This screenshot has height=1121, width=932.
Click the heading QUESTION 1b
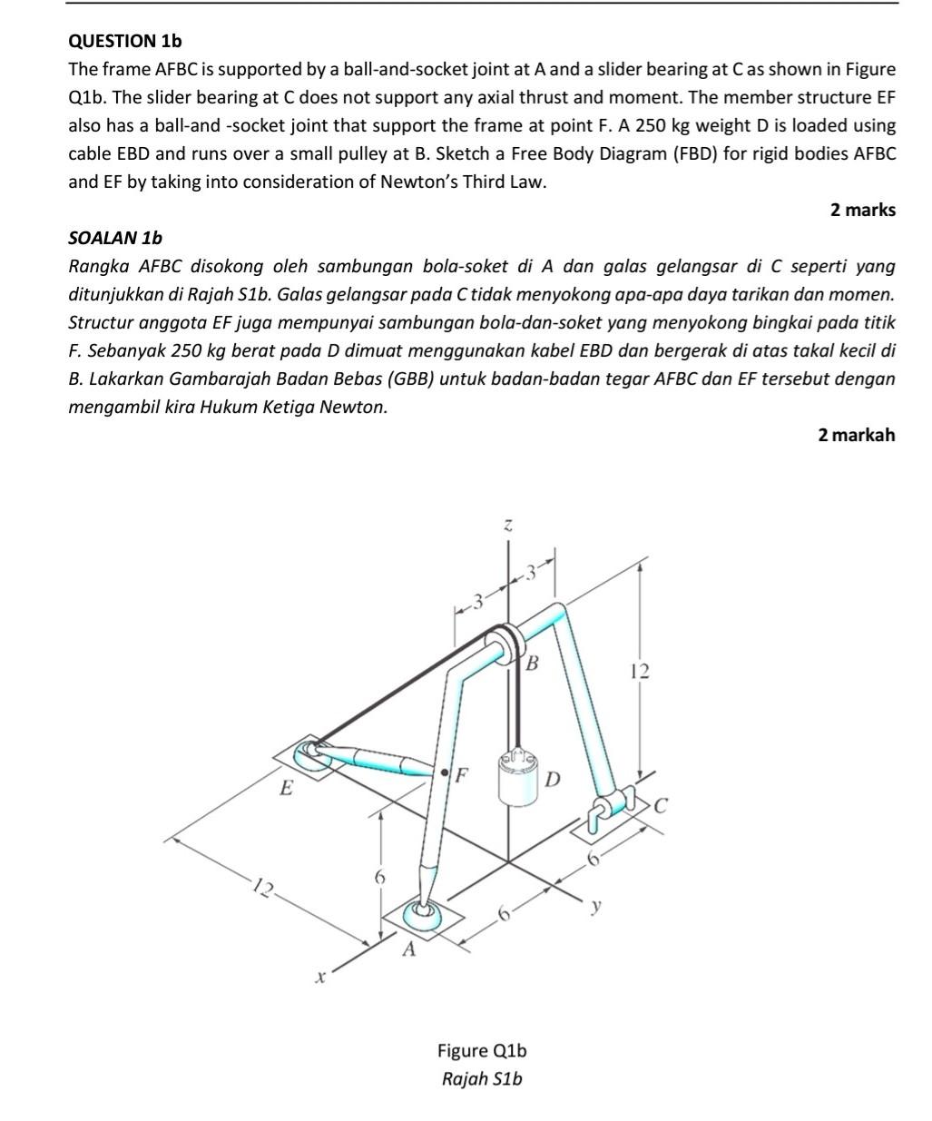pos(125,41)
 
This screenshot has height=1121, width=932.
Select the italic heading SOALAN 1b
pos(115,238)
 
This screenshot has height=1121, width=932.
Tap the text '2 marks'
pos(862,210)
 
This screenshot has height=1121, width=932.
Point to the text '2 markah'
pos(856,435)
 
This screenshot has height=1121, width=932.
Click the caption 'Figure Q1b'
pos(482,1050)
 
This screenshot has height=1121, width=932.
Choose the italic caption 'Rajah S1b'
pos(482,1078)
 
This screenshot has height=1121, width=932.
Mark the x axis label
pos(319,978)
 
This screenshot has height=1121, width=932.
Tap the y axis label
pos(596,905)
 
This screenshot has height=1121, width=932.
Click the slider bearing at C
pos(611,807)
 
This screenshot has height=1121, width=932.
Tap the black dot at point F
pos(445,772)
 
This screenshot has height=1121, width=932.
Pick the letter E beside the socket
pos(286,787)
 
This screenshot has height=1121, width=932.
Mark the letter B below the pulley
pos(533,663)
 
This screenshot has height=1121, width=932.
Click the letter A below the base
pos(408,949)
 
